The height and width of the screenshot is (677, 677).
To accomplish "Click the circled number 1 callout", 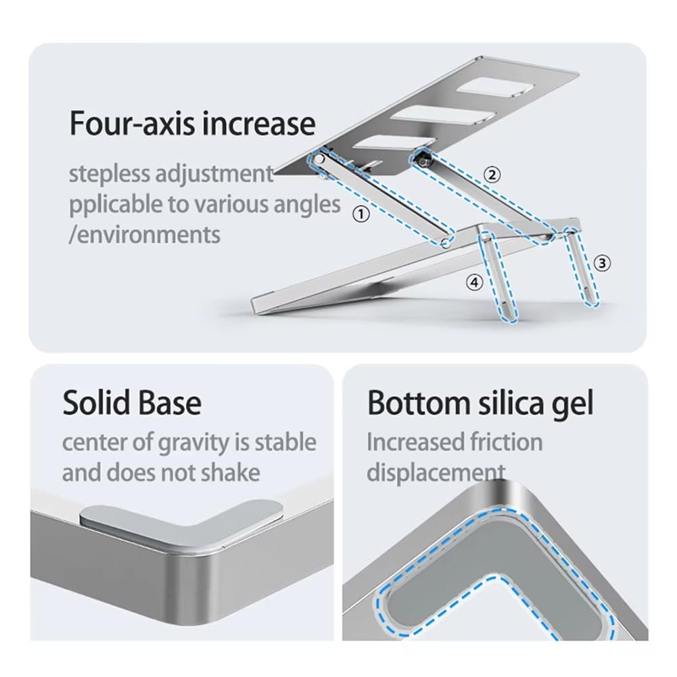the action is pos(361,214).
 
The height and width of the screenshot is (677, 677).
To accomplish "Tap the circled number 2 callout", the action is pos(491,175).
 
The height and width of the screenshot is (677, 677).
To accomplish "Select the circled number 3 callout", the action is pos(602,263).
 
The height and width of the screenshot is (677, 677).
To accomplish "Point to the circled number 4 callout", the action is pos(475,283).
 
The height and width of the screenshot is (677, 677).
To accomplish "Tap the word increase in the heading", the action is pos(258,124).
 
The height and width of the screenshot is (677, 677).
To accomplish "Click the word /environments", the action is pos(145,235).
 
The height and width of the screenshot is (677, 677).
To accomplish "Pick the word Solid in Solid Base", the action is pos(97,403).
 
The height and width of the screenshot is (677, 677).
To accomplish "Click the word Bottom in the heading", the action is pos(419,403).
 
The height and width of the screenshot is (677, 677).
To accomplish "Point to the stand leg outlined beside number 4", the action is pos(497,277).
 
